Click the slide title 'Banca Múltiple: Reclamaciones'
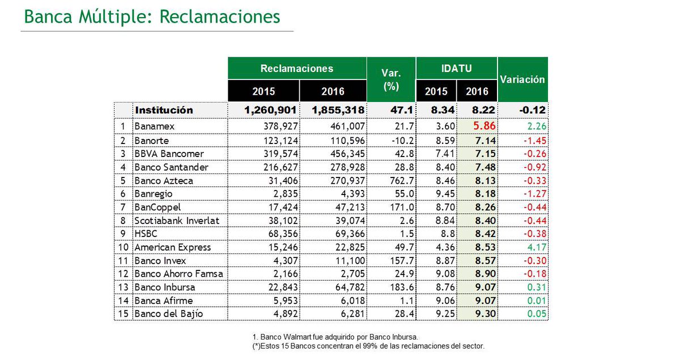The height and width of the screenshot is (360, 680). pyautogui.click(x=152, y=16)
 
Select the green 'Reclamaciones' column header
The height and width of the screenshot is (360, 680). pyautogui.click(x=297, y=68)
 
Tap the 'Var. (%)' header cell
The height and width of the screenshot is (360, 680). pyautogui.click(x=391, y=79)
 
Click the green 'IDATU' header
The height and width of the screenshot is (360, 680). pyautogui.click(x=456, y=68)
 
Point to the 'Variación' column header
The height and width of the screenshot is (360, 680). pyautogui.click(x=522, y=79)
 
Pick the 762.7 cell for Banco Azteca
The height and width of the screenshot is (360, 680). pyautogui.click(x=399, y=181)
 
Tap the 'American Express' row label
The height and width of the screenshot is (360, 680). pyautogui.click(x=172, y=247)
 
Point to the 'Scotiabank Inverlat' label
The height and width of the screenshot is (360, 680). pyautogui.click(x=176, y=221)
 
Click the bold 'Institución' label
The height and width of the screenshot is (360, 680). pyautogui.click(x=163, y=110)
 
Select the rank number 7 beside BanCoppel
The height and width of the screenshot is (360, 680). pyautogui.click(x=122, y=207)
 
